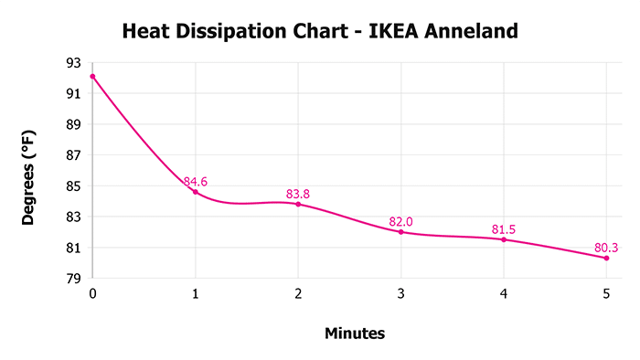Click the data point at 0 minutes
click(x=92, y=76)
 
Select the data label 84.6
click(x=196, y=182)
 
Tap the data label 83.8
click(x=298, y=194)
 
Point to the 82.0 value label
click(x=401, y=221)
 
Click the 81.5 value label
click(x=504, y=228)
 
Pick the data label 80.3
click(x=607, y=247)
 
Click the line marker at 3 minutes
click(x=401, y=232)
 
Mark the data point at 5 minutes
click(x=607, y=258)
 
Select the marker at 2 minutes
click(x=298, y=204)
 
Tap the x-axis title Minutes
click(x=355, y=334)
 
